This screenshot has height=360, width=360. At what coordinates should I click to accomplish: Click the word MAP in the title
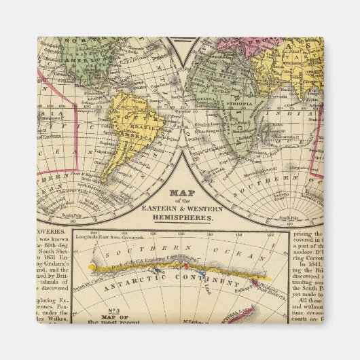pos(180,193)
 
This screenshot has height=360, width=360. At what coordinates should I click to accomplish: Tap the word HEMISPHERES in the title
pos(180,219)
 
